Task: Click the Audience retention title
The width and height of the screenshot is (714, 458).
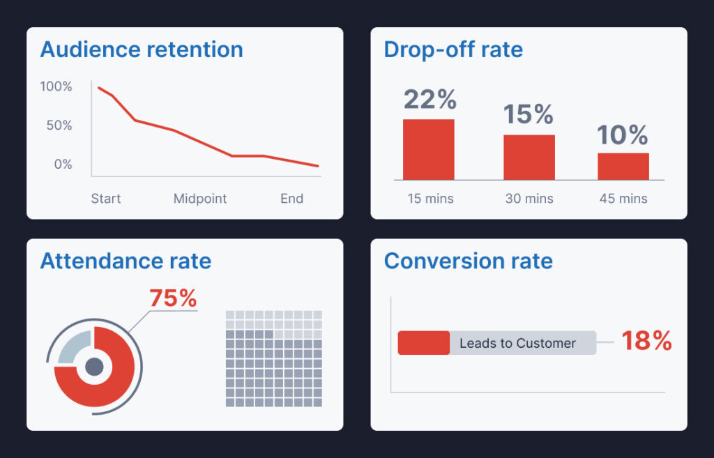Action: pyautogui.click(x=142, y=49)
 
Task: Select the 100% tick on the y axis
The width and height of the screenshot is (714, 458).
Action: pyautogui.click(x=56, y=86)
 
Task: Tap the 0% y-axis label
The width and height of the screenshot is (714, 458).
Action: pyautogui.click(x=63, y=165)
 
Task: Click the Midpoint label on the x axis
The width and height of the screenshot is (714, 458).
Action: pyautogui.click(x=200, y=199)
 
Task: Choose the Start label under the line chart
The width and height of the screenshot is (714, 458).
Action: pyautogui.click(x=106, y=199)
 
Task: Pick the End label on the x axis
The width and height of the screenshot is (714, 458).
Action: pyautogui.click(x=291, y=199)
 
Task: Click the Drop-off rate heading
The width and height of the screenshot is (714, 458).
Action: pyautogui.click(x=453, y=49)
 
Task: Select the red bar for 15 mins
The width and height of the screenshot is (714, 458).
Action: pyautogui.click(x=429, y=150)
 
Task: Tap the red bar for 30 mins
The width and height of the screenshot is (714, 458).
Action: pyautogui.click(x=529, y=158)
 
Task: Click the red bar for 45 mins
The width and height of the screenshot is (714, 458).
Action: pyautogui.click(x=623, y=167)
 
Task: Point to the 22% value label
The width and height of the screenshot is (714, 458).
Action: pyautogui.click(x=430, y=100)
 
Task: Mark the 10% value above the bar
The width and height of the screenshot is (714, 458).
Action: pyautogui.click(x=623, y=135)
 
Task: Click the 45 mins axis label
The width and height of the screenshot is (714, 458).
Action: pyautogui.click(x=623, y=199)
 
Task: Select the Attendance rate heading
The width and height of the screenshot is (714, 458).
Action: pyautogui.click(x=126, y=261)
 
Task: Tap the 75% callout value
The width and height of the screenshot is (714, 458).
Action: pyautogui.click(x=173, y=298)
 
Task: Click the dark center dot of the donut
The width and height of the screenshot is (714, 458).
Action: pyautogui.click(x=94, y=367)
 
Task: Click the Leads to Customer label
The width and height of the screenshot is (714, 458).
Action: pyautogui.click(x=517, y=343)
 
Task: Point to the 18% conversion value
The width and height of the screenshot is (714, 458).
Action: pyautogui.click(x=646, y=341)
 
